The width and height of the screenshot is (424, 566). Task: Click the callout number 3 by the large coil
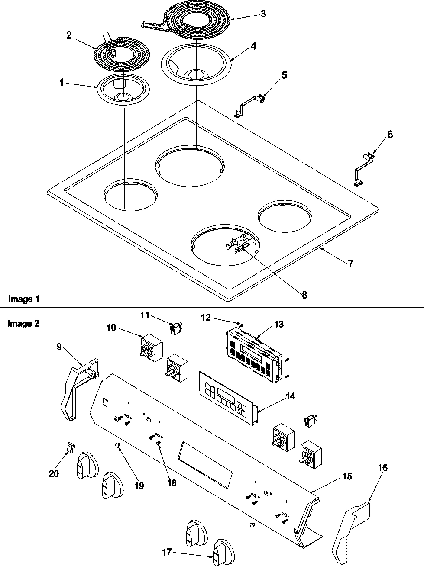click(x=263, y=14)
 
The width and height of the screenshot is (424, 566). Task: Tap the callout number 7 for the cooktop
click(x=350, y=263)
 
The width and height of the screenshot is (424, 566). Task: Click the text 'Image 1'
click(x=23, y=299)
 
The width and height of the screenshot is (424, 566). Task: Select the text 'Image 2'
click(x=23, y=323)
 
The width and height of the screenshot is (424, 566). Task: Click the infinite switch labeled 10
click(x=152, y=347)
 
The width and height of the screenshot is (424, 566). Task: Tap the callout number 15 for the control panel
click(x=347, y=476)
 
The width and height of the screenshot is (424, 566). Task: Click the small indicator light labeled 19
click(x=118, y=445)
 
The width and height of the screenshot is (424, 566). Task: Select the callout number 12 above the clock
click(x=206, y=318)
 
